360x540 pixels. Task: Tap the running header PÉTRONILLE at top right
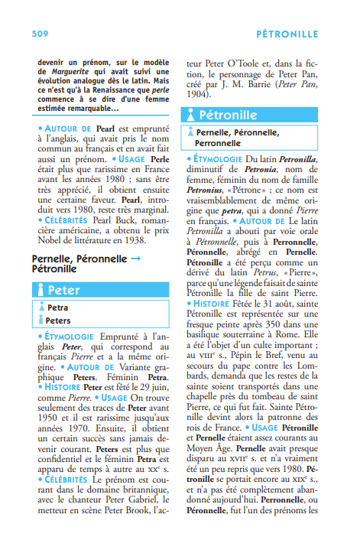tap(287, 34)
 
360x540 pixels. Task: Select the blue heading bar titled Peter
tap(100, 290)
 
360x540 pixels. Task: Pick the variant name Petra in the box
tap(57, 307)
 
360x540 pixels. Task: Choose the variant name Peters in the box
tap(59, 320)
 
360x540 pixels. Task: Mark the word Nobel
tap(48, 239)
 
